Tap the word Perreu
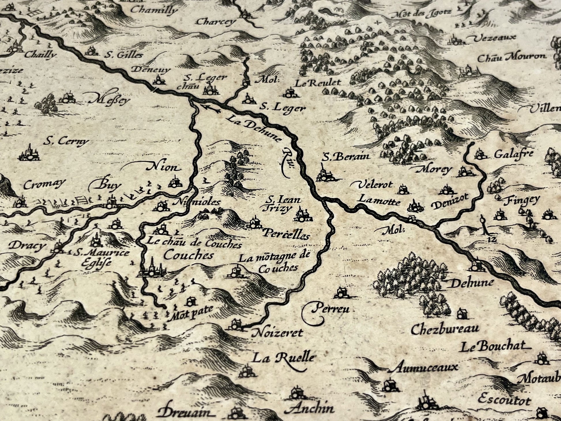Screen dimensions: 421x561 pyautogui.click(x=331, y=309)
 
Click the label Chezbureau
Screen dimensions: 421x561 pyautogui.click(x=445, y=329)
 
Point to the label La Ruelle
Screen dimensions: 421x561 pyautogui.click(x=283, y=358)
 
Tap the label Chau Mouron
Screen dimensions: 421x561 pyautogui.click(x=512, y=57)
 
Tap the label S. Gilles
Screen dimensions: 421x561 pyautogui.click(x=124, y=55)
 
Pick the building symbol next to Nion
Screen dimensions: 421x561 pyautogui.click(x=174, y=182)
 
